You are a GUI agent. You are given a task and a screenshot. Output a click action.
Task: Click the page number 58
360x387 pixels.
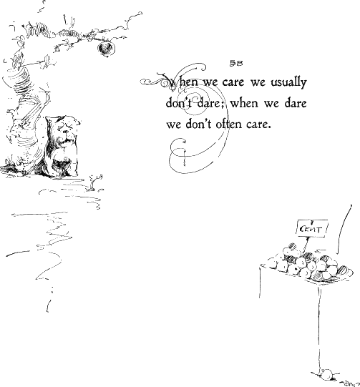[236, 63]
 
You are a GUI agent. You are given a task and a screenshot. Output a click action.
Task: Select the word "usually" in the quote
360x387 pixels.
[288, 83]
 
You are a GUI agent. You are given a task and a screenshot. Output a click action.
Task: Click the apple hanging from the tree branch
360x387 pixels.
[106, 49]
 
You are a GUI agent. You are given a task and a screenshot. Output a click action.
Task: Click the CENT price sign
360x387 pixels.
[312, 228]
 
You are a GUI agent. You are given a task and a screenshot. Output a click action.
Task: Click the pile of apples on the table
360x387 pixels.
[309, 263]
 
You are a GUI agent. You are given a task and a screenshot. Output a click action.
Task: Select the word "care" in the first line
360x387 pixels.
[233, 82]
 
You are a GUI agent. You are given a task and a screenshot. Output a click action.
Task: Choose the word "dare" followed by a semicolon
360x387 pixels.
[210, 103]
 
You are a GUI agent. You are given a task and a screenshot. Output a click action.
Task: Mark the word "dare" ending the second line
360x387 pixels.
[296, 103]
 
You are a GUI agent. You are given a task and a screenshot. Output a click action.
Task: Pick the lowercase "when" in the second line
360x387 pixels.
[244, 103]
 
